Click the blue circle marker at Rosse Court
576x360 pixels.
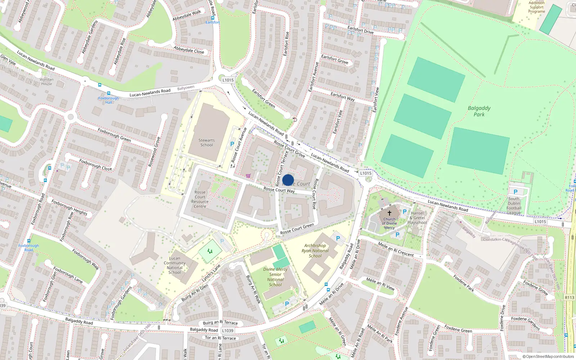coord(288,180)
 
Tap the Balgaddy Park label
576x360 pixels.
coord(479,111)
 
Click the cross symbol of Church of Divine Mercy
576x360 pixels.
coord(389,213)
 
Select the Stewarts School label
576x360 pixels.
coord(207,143)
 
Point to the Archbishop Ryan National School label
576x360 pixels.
coord(315,251)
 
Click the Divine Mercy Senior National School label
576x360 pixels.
coord(275,277)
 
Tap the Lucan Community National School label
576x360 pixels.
coord(175,265)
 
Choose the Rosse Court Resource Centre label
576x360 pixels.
coord(200,199)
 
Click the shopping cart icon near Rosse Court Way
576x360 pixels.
coord(248,176)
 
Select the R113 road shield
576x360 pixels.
coord(570,297)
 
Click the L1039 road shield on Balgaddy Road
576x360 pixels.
coord(228,330)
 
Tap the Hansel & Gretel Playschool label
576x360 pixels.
coord(417,218)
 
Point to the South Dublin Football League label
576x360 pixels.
coord(514,206)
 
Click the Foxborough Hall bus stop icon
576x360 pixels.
coord(99,85)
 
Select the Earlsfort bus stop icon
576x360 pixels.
coord(213,17)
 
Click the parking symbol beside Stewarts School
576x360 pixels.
coord(232,144)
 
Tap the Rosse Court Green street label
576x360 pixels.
coord(297,229)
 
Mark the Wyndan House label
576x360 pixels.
coord(46,82)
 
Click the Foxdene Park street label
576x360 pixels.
coord(464,283)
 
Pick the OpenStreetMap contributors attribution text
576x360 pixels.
coord(548,356)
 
